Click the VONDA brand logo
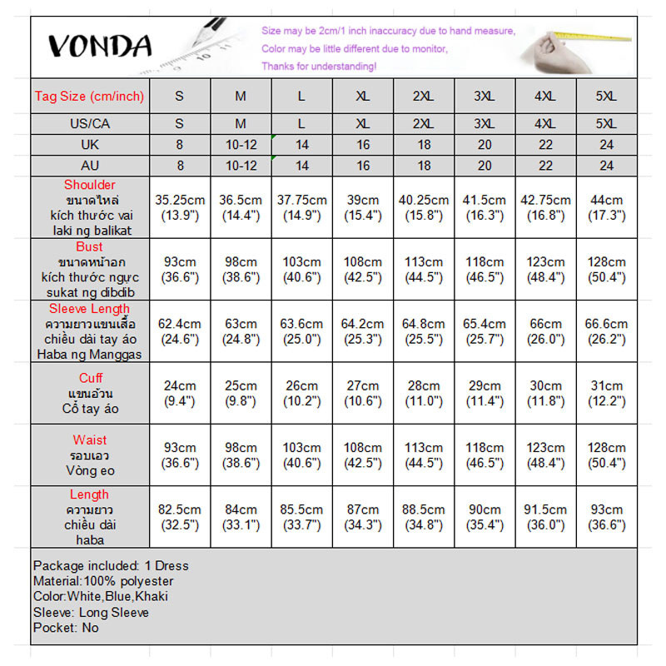click(x=99, y=46)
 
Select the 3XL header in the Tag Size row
click(x=485, y=96)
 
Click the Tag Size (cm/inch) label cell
click(x=89, y=96)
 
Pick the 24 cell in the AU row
click(x=606, y=166)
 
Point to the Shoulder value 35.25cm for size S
click(x=180, y=207)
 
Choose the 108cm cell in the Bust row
click(x=363, y=269)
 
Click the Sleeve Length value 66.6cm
click(x=606, y=331)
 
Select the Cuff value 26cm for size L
click(x=301, y=393)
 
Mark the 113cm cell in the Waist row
click(x=424, y=455)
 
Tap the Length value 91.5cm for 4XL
click(x=545, y=517)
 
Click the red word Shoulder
click(x=90, y=185)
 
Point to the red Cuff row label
click(x=90, y=379)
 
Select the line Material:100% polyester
click(x=103, y=581)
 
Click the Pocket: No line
click(x=66, y=628)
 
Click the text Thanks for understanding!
click(x=318, y=66)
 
